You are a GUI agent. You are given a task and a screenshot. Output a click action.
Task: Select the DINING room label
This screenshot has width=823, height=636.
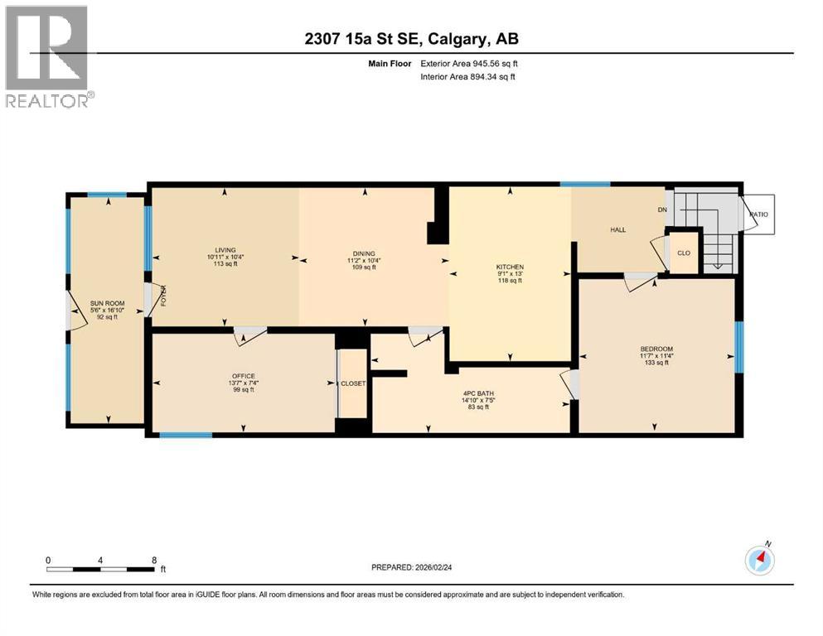click(x=363, y=253)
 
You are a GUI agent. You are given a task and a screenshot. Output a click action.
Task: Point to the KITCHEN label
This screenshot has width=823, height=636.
click(x=510, y=267)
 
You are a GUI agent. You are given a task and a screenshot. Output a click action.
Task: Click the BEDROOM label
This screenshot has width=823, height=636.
click(x=656, y=349)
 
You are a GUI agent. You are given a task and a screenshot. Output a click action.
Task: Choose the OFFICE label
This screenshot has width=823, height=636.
click(x=244, y=375)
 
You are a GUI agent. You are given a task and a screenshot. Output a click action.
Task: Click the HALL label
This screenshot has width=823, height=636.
click(x=617, y=229)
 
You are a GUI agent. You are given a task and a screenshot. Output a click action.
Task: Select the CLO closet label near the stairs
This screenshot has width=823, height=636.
click(x=684, y=253)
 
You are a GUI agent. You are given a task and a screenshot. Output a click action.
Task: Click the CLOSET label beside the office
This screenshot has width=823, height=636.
click(x=353, y=383)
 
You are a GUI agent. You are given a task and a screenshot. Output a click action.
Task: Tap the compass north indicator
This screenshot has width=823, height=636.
click(x=759, y=561)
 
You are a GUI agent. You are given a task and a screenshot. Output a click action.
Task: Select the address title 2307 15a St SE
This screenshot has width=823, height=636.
click(x=411, y=39)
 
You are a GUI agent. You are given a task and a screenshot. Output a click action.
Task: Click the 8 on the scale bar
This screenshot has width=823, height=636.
click(x=154, y=559)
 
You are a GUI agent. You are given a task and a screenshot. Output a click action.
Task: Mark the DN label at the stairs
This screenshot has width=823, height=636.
click(x=662, y=210)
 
